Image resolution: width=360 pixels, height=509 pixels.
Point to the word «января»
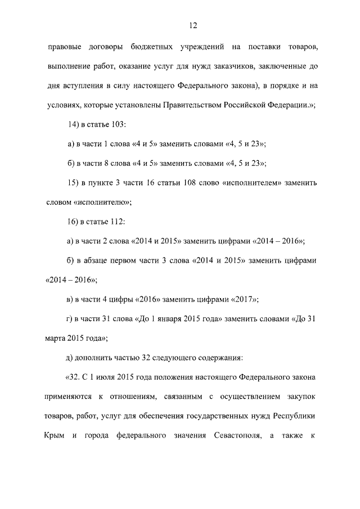click(169, 319)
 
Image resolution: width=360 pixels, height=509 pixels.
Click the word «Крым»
click(55, 436)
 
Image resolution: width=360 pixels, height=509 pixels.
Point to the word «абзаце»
click(99, 260)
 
